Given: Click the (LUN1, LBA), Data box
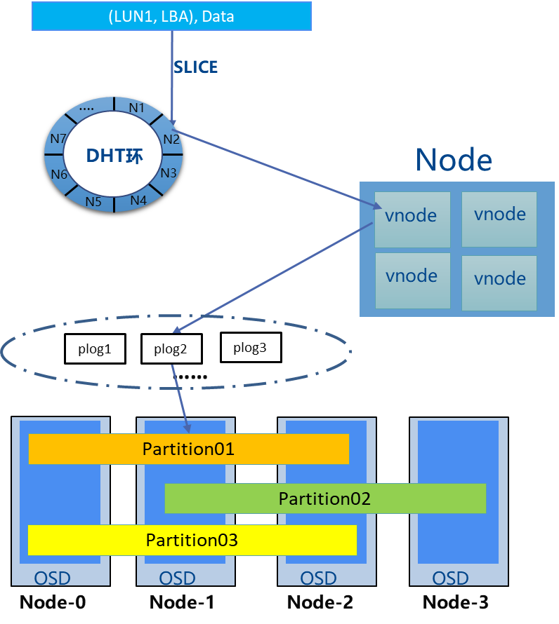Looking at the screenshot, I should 171,15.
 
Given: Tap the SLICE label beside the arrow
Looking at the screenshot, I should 195,67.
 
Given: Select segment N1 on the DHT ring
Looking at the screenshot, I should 137,107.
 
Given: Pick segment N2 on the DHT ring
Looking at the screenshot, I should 171,139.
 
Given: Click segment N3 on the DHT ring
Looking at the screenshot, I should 169,172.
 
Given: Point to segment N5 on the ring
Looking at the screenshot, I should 93,202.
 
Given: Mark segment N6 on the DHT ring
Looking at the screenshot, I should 59,174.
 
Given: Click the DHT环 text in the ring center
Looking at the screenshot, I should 114,156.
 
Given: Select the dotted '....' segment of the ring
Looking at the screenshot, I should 87,109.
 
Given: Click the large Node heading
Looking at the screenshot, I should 454,160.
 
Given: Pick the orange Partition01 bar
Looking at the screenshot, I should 188,449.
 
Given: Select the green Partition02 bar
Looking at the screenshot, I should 325,498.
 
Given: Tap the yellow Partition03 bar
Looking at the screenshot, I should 192,540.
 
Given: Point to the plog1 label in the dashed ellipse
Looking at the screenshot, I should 95,348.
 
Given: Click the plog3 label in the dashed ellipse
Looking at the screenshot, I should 249,348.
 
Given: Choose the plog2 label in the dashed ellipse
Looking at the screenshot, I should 170,348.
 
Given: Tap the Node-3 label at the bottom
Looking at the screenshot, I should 455,602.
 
